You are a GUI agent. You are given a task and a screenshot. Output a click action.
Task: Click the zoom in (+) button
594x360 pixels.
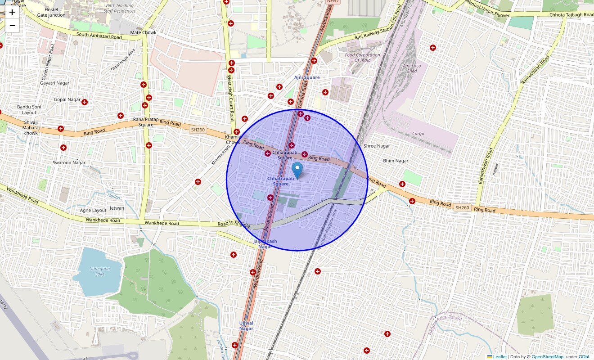click(12, 12)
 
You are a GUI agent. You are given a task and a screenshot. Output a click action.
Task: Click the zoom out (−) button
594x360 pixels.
click(12, 26)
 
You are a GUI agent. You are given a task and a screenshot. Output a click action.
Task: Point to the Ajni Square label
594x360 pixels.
click(307, 77)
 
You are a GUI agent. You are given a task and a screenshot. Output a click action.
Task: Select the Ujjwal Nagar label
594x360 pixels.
click(246, 326)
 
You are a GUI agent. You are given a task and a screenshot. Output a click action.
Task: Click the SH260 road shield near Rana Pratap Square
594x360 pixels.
click(198, 130)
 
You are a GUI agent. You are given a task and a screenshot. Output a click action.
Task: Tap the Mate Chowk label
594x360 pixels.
click(143, 32)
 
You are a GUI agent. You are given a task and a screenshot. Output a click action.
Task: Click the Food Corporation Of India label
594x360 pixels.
click(363, 58)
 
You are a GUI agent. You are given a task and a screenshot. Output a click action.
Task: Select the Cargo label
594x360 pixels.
click(418, 134)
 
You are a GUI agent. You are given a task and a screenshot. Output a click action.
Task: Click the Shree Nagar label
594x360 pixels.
click(377, 146)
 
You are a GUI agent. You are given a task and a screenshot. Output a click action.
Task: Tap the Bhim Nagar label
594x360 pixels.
click(396, 161)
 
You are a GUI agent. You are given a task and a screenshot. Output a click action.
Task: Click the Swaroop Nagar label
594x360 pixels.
click(69, 162)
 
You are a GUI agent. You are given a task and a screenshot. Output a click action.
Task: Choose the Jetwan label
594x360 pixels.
click(117, 208)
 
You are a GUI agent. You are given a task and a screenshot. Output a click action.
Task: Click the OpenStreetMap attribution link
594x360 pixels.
click(547, 357)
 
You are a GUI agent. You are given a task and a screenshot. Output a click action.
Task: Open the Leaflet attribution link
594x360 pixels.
click(499, 357)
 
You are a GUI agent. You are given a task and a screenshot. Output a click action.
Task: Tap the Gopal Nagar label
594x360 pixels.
click(67, 99)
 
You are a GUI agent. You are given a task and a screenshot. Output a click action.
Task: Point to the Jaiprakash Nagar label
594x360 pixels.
click(265, 244)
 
